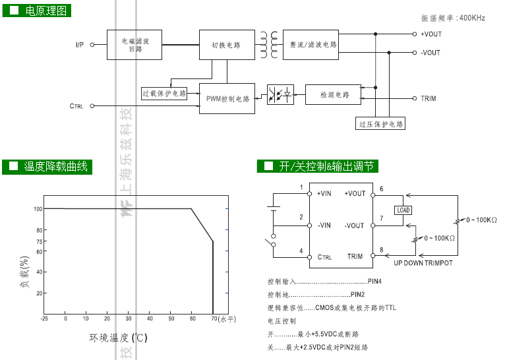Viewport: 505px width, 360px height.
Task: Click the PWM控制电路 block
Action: click(227, 98)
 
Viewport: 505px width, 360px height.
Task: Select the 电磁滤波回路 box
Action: click(134, 45)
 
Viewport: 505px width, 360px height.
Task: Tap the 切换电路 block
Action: click(227, 45)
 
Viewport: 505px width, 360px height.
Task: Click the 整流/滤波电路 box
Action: click(311, 45)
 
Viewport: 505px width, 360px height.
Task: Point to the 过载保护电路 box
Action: click(164, 94)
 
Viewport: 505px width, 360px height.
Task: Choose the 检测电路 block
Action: click(333, 95)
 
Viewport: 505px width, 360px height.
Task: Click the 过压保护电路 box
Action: click(380, 124)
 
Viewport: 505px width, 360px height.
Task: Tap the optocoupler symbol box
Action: click(281, 95)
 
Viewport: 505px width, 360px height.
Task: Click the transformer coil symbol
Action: click(269, 45)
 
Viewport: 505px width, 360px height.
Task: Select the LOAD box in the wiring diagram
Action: click(403, 210)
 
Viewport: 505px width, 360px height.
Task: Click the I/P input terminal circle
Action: click(92, 45)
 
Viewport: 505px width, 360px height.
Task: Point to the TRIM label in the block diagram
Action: click(429, 98)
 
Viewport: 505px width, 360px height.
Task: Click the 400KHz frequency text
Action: click(472, 18)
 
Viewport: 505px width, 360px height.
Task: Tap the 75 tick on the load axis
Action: click(40, 241)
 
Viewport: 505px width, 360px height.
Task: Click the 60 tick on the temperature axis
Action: click(193, 318)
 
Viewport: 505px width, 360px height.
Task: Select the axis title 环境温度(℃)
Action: click(118, 338)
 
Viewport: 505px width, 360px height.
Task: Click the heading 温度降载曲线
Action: click(56, 167)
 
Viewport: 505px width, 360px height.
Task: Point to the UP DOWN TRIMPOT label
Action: click(423, 263)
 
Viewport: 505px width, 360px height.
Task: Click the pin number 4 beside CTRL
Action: click(301, 251)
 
